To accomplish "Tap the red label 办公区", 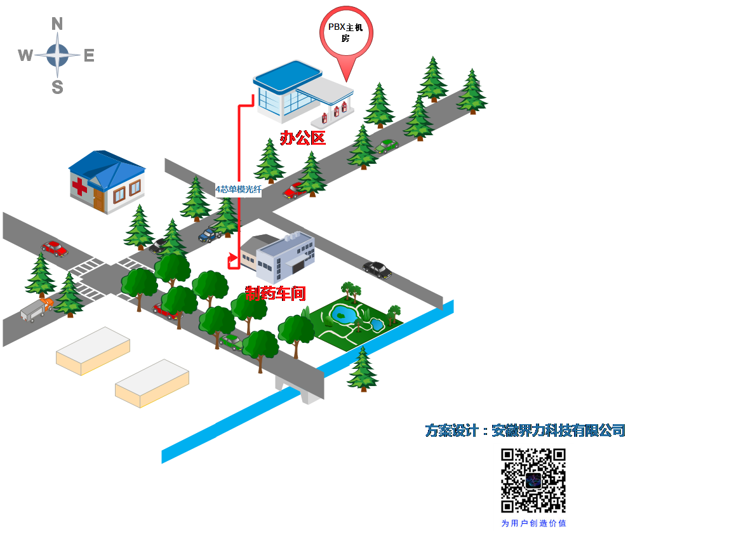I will (303, 138).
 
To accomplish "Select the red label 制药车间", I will (276, 293).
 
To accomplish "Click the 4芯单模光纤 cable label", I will (238, 189).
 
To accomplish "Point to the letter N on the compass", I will (57, 24).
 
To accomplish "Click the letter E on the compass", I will (89, 56).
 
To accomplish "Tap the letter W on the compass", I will (25, 56).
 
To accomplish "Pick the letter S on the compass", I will (57, 87).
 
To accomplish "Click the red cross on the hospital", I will (79, 186).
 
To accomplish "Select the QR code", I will (533, 481).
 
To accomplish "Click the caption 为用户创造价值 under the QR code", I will (533, 523).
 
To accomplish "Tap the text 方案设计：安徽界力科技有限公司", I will (525, 431).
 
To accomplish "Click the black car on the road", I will (377, 269).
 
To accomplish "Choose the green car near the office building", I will (385, 146).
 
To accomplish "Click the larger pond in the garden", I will (344, 314).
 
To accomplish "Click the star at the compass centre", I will (58, 55).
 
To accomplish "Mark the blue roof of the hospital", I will (106, 167).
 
